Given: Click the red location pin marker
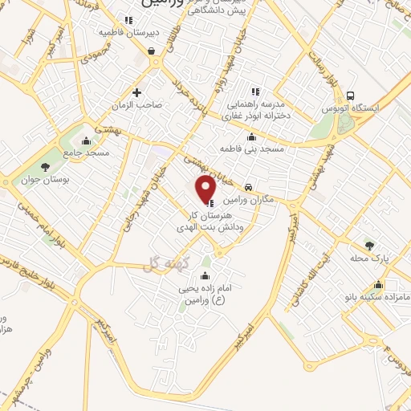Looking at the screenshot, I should (x=207, y=191).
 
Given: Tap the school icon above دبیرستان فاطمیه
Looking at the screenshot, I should (x=128, y=21).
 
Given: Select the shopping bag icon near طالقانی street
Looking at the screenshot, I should (x=151, y=51).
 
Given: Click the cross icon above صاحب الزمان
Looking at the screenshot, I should (x=137, y=92).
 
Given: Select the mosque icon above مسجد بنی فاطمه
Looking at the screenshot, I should (x=252, y=136).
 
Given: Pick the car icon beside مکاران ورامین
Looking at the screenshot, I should (x=248, y=184).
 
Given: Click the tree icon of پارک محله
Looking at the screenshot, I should (x=369, y=246).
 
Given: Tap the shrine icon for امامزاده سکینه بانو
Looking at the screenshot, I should (x=378, y=284).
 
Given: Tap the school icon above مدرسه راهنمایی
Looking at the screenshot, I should (x=255, y=91).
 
